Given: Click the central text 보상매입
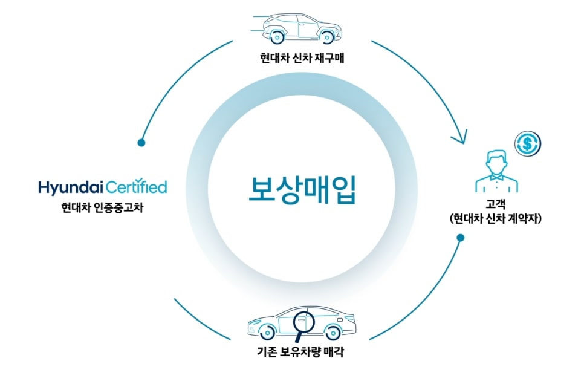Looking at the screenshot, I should point(302,189).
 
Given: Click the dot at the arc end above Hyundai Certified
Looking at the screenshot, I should point(141,143).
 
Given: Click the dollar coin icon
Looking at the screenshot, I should point(527,145).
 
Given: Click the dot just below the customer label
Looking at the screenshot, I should point(460,238).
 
